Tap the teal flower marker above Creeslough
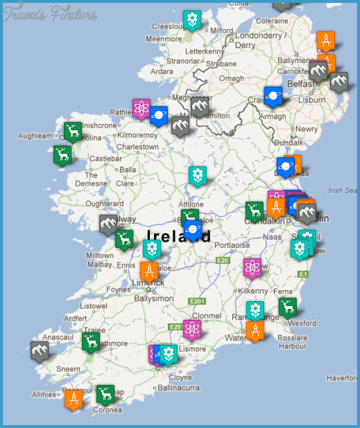pyautogui.click(x=191, y=19)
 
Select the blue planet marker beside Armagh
pyautogui.click(x=273, y=96)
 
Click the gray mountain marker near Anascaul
pyautogui.click(x=40, y=351)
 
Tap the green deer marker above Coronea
pyautogui.click(x=105, y=394)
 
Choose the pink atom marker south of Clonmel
pyautogui.click(x=192, y=330)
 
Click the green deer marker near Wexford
pyautogui.click(x=287, y=307)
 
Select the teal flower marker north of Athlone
pyautogui.click(x=197, y=175)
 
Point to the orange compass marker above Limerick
pyautogui.click(x=149, y=271)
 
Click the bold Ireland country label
pyautogui.click(x=179, y=236)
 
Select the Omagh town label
pyautogui.click(x=231, y=79)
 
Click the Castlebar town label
pyautogui.click(x=105, y=158)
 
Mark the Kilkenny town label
pyautogui.click(x=253, y=291)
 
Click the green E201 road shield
pyautogui.click(x=197, y=301)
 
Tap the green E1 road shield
pyautogui.click(x=303, y=274)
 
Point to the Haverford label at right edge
pyautogui.click(x=342, y=378)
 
